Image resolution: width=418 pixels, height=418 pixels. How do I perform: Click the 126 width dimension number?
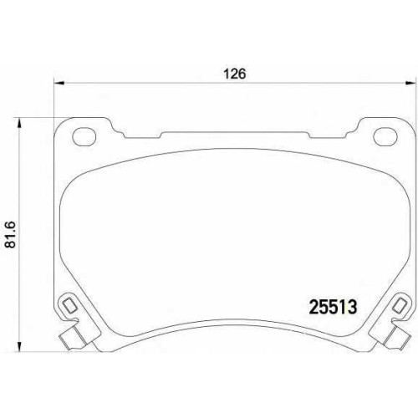(235, 74)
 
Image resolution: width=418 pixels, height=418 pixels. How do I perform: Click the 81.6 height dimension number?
(12, 235)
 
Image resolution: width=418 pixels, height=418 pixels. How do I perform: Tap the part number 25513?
(334, 308)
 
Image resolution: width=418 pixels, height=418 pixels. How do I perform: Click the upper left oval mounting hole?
(84, 136)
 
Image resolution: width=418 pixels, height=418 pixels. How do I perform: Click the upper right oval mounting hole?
(385, 136)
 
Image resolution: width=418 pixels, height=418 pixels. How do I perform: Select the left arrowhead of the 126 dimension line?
(59, 83)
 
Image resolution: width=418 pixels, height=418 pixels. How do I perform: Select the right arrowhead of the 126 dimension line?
(410, 83)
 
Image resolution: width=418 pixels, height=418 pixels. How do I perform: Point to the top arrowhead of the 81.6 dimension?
(19, 123)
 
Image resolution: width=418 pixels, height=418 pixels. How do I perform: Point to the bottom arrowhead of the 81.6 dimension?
(19, 346)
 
